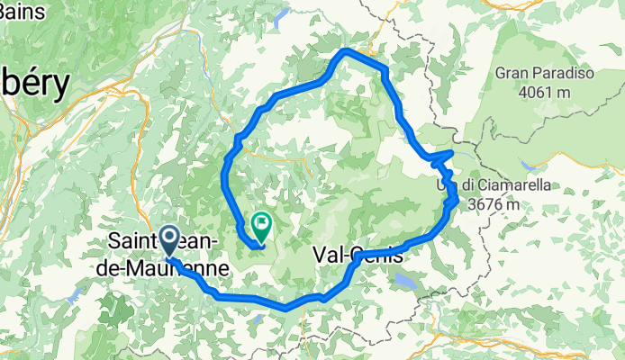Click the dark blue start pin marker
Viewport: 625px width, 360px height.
(169, 240)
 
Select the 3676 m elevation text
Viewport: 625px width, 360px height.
(492, 203)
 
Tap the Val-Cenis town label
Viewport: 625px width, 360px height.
(358, 255)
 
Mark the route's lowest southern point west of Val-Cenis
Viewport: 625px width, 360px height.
(286, 307)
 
